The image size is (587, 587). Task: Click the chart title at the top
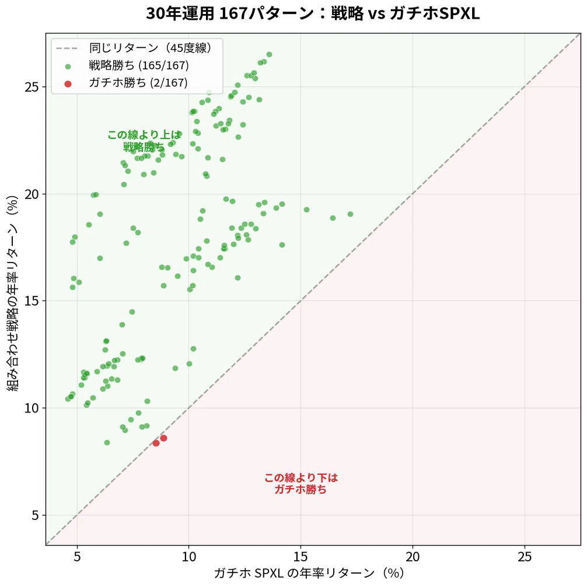[x=313, y=13]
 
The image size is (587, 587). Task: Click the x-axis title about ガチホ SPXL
[x=309, y=573]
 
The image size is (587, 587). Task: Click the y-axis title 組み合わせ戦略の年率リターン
[x=12, y=293]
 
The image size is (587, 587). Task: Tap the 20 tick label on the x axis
[x=413, y=557]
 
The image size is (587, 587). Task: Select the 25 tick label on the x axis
[x=525, y=557]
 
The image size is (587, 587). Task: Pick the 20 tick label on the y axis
[x=32, y=194]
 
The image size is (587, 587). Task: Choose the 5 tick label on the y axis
[x=35, y=515]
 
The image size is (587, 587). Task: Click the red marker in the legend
[x=68, y=84]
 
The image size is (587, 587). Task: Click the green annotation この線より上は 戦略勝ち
[x=145, y=141]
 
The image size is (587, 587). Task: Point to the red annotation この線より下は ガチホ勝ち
[x=301, y=483]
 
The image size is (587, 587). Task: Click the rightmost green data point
[x=351, y=214]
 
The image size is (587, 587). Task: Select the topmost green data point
[x=269, y=55]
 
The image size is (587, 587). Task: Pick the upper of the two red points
[x=163, y=438]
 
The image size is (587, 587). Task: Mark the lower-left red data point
[x=156, y=443]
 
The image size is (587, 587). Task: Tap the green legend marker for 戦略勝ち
[x=68, y=67]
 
